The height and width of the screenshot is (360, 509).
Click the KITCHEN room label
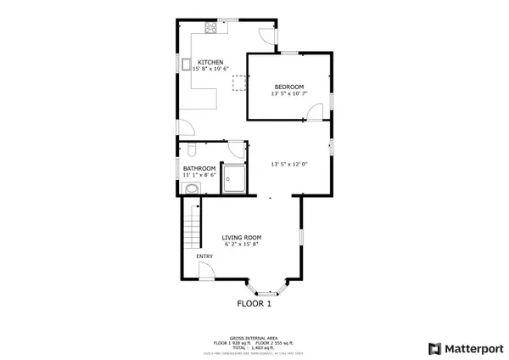[x=210, y=62]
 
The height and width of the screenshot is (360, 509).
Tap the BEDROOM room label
[x=289, y=87]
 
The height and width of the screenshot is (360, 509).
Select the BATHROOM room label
[x=199, y=168]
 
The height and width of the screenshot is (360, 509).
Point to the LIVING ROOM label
[x=241, y=237]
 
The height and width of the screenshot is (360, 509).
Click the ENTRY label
[x=204, y=256]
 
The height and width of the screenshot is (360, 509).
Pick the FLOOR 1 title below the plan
[x=254, y=303]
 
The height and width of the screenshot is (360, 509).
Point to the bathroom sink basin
[x=190, y=190]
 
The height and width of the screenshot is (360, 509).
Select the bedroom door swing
[x=315, y=113]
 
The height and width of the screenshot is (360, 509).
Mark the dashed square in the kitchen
[x=240, y=81]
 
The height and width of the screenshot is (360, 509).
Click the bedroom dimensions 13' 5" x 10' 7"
[x=289, y=93]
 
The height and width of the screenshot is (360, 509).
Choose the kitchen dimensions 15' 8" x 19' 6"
[x=210, y=69]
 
